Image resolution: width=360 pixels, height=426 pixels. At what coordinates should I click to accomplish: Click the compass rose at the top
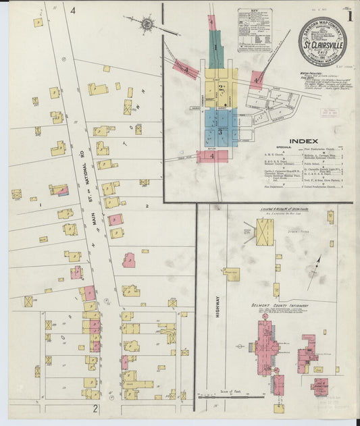click(x=147, y=24)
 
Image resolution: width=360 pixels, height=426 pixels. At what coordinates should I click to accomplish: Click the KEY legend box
click(x=254, y=30)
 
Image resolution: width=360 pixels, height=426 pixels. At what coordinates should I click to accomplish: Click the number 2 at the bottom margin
click(x=96, y=408)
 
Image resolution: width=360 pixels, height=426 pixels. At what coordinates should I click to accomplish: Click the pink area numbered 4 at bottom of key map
click(x=212, y=156)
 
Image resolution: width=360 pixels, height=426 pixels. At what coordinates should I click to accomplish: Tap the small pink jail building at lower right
click(x=319, y=385)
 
